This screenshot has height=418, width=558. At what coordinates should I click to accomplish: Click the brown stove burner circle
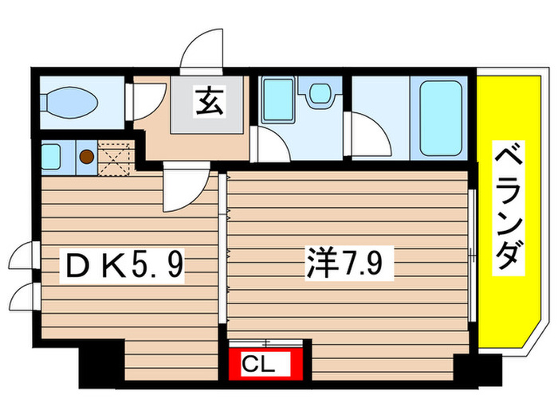[85, 156]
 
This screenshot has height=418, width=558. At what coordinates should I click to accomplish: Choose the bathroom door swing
[370, 131]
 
